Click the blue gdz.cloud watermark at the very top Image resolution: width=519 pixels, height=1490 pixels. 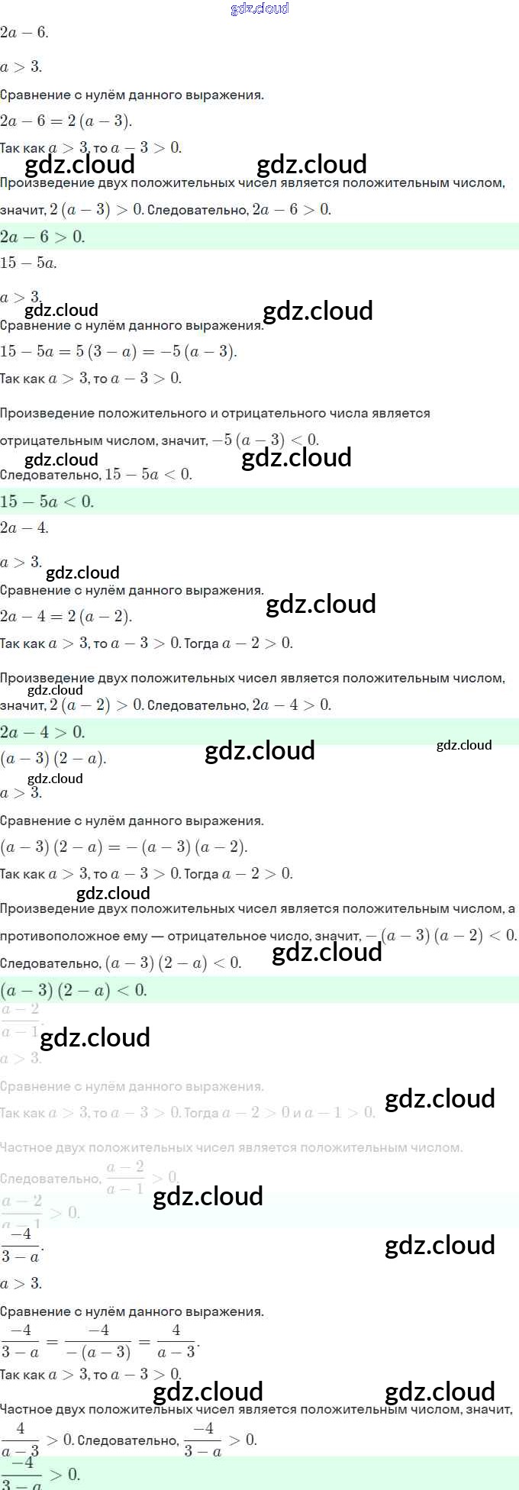tap(259, 8)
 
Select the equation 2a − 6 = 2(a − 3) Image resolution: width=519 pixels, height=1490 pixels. tap(66, 121)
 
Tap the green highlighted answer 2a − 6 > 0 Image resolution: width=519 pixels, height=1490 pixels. tap(43, 237)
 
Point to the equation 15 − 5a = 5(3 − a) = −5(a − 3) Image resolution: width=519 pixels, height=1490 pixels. tap(118, 351)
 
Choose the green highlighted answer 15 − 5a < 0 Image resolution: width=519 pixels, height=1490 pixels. tap(47, 502)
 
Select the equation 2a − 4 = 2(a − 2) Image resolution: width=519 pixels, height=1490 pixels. tap(66, 616)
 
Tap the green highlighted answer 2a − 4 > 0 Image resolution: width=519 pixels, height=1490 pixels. tap(43, 732)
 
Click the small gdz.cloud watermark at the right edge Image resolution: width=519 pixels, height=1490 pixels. tap(464, 745)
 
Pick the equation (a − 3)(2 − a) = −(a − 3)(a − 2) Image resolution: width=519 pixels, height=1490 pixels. tap(124, 847)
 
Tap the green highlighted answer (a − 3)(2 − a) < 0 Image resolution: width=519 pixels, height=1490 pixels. tap(73, 990)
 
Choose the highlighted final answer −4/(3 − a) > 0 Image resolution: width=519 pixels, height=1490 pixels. tap(40, 1474)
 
